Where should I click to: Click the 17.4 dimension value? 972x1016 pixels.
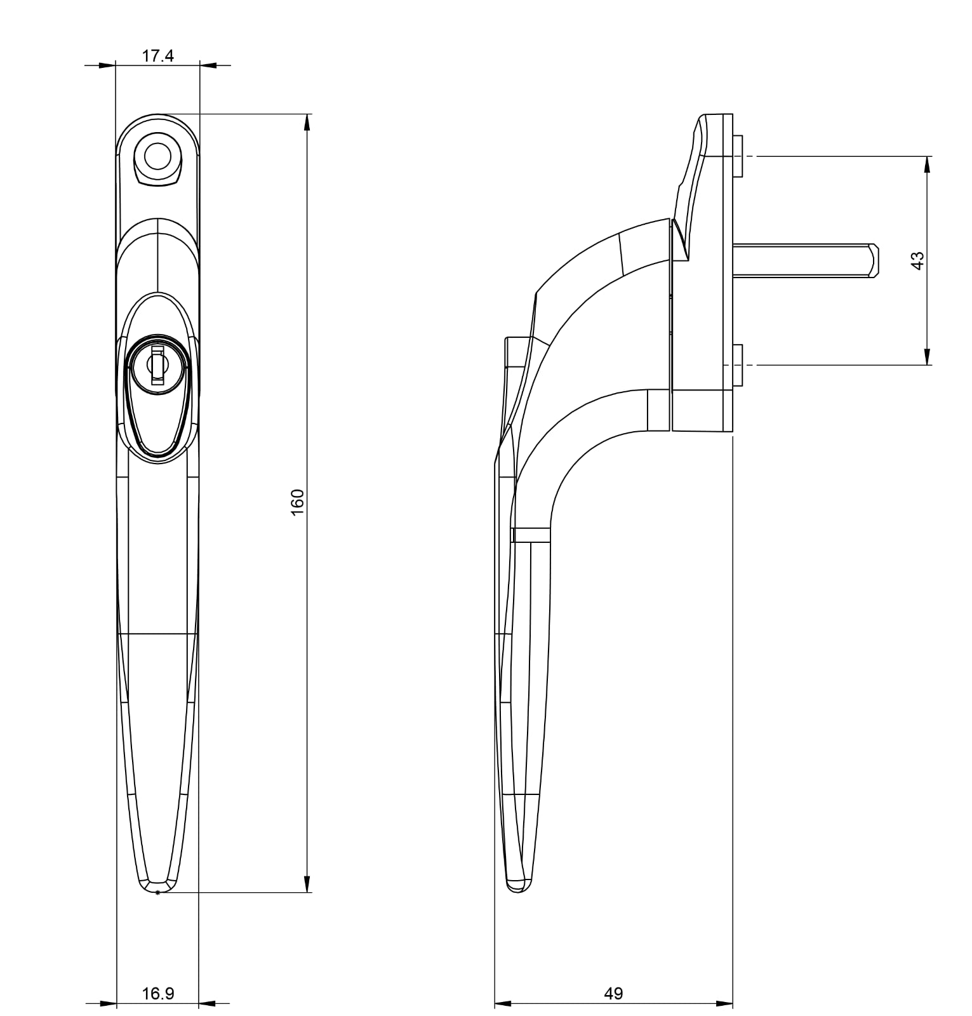[157, 56]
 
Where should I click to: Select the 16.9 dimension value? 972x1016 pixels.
[158, 994]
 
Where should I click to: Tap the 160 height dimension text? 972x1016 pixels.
[297, 502]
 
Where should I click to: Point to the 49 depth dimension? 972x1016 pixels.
[614, 994]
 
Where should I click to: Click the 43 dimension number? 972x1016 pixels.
[917, 261]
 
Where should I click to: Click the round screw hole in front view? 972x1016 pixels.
[157, 155]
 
